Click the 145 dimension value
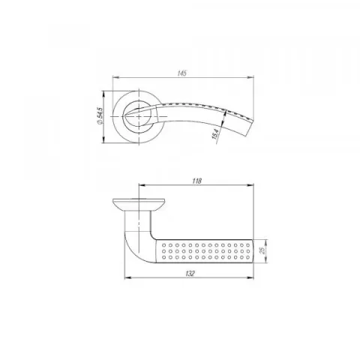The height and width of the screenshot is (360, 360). point(182,73)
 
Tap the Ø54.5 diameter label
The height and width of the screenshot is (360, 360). point(100,116)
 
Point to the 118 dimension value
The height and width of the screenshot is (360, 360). point(197,181)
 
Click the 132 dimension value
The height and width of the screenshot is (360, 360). point(190,274)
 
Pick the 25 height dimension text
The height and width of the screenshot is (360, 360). point(262,250)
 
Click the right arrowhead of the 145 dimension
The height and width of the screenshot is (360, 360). point(250,77)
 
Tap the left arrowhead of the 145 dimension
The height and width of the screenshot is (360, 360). point(116,77)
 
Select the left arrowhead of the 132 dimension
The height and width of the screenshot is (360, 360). point(128,277)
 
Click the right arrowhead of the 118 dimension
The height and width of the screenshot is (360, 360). point(250,185)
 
